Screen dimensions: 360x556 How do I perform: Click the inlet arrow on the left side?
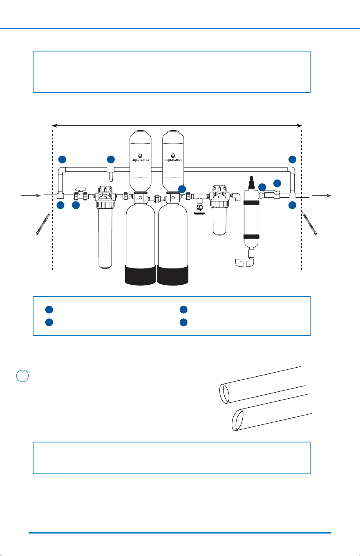[x=31, y=196]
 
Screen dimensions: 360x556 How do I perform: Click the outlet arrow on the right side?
[x=322, y=196]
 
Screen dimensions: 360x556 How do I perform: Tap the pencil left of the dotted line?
[x=43, y=223]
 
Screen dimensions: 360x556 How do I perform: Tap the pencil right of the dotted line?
[x=310, y=223]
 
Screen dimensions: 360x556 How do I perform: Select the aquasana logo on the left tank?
[x=140, y=158]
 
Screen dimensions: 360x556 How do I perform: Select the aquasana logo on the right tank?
[x=173, y=158]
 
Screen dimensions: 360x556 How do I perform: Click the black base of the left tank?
[x=140, y=275]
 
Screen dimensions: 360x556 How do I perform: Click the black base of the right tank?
[x=173, y=275]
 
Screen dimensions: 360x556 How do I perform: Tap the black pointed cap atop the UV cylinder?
[x=251, y=183]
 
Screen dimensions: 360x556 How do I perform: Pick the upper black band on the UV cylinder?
[x=251, y=203]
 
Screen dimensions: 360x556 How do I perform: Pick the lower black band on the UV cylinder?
[x=251, y=237]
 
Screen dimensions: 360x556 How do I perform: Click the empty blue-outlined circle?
[x=22, y=376]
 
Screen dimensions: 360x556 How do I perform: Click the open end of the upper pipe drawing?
[x=224, y=394]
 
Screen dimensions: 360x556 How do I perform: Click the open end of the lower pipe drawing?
[x=237, y=420]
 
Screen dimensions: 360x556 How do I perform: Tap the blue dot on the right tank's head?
[x=182, y=189]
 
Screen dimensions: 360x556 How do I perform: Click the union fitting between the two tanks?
[x=157, y=199]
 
